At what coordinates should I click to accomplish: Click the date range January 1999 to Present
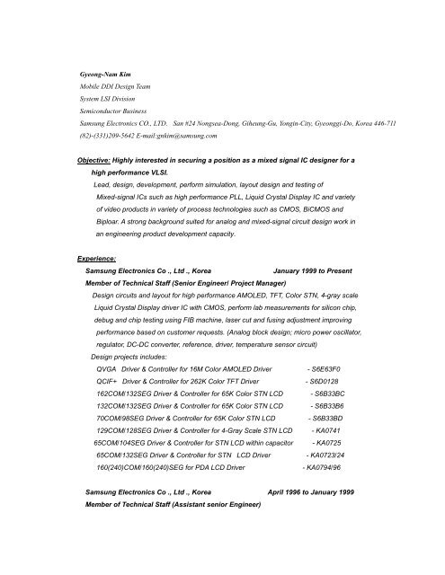(x=327, y=269)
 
